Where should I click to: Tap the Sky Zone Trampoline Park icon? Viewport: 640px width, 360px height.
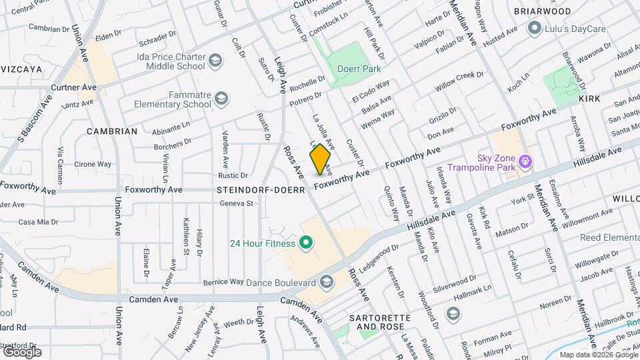coord(525,161)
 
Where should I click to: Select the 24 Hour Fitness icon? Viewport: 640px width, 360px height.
coord(306,243)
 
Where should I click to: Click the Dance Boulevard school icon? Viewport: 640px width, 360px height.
coord(327,282)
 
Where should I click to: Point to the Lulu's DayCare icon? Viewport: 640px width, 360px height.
coord(534,28)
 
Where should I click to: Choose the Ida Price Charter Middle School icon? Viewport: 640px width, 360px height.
coord(215,62)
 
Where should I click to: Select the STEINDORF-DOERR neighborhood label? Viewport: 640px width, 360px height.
coord(261,190)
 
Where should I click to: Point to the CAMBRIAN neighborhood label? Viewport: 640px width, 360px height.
coord(112,131)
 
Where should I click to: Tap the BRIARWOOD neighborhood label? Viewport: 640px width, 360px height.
coord(542,11)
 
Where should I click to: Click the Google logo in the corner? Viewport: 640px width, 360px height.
coord(22,351)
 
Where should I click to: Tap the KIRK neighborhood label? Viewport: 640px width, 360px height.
coord(589,98)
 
